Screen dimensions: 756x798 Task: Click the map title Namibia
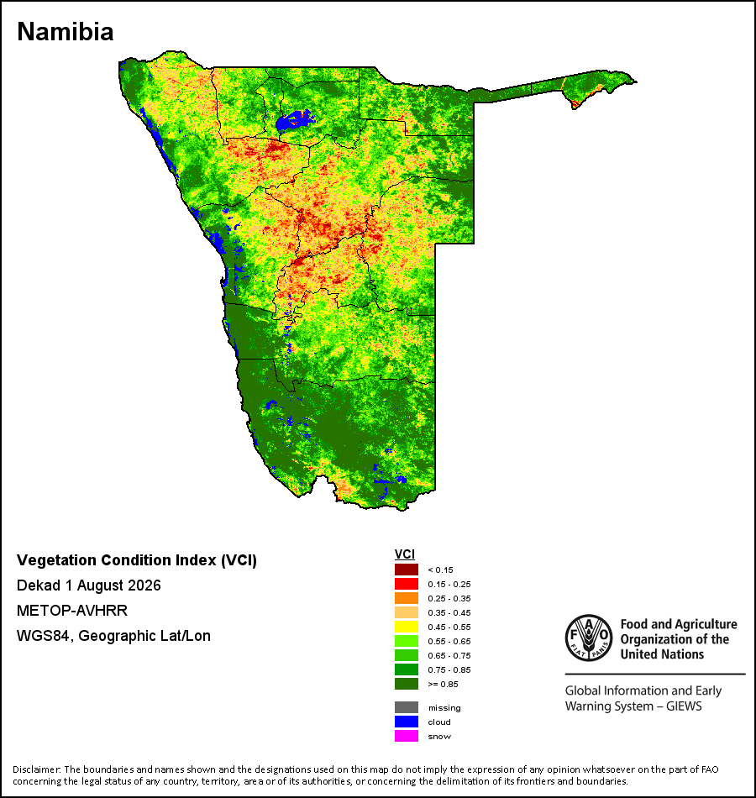(x=66, y=32)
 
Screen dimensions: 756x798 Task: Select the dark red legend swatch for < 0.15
(x=407, y=570)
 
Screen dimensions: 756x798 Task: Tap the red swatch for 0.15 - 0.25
(x=407, y=584)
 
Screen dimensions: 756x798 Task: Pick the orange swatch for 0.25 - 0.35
(x=407, y=598)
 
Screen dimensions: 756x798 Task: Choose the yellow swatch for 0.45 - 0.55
(x=407, y=627)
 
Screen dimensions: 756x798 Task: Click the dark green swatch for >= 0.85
(x=407, y=684)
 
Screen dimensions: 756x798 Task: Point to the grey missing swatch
(x=407, y=707)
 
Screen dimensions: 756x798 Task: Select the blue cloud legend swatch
(x=407, y=722)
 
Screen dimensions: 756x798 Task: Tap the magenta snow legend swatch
(x=407, y=736)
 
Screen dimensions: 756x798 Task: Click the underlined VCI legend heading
(x=405, y=554)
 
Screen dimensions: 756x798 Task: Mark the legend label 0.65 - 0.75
(x=449, y=655)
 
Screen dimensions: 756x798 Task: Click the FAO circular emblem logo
(x=589, y=638)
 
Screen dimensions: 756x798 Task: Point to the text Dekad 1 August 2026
(x=88, y=585)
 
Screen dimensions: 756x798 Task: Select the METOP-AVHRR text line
(x=72, y=610)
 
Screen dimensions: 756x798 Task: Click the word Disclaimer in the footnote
(x=37, y=769)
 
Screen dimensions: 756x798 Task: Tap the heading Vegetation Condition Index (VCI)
(x=137, y=559)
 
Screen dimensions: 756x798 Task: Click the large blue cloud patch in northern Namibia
(x=293, y=120)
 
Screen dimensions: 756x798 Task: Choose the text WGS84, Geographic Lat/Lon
(x=113, y=636)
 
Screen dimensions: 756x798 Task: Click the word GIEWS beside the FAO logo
(x=684, y=706)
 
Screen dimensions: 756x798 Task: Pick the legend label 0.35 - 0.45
(x=449, y=612)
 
